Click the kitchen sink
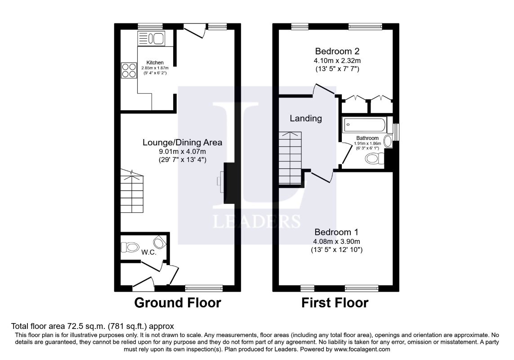[151, 38]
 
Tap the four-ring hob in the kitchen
[129, 71]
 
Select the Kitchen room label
[155, 63]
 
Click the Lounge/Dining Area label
[182, 142]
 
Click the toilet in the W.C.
[130, 247]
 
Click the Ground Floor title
[178, 302]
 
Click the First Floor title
[335, 302]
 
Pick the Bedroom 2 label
[337, 51]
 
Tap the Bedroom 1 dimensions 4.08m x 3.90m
[337, 241]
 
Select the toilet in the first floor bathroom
[374, 159]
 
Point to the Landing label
[306, 118]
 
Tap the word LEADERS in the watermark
[257, 221]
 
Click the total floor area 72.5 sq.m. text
[93, 326]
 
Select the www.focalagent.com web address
[362, 349]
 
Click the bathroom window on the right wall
[396, 132]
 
